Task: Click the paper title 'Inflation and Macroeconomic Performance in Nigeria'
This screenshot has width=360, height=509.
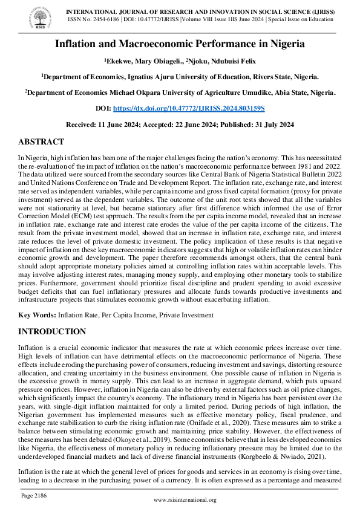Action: [x=180, y=44]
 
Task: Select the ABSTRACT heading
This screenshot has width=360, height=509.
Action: [x=41, y=142]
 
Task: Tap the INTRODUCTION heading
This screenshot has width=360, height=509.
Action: [x=52, y=332]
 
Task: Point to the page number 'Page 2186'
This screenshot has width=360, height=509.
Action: [x=34, y=495]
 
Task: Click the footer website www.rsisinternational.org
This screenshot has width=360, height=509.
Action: [x=185, y=500]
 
